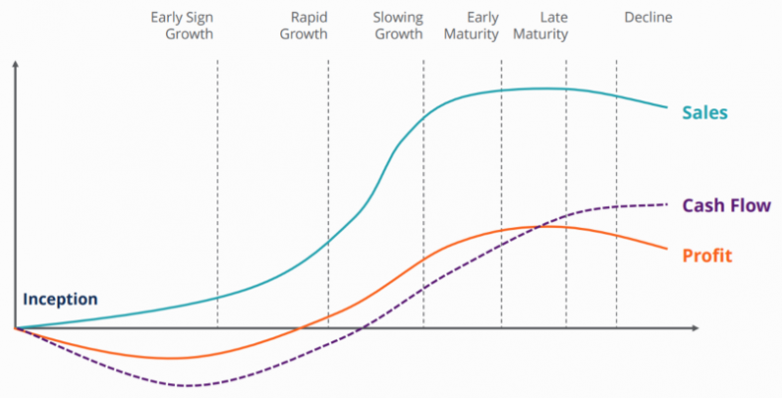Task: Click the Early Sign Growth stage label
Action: (x=182, y=26)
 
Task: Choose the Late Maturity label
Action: (x=541, y=26)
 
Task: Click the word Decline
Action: (x=648, y=18)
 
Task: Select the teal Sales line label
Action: (x=705, y=112)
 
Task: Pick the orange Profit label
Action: (x=706, y=256)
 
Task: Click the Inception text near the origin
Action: (x=61, y=298)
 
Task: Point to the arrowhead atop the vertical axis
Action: (x=16, y=66)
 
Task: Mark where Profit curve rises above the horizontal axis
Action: (x=299, y=327)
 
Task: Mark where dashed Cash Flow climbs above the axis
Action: (x=360, y=327)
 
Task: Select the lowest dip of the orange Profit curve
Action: (x=171, y=357)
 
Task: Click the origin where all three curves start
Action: (x=16, y=327)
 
